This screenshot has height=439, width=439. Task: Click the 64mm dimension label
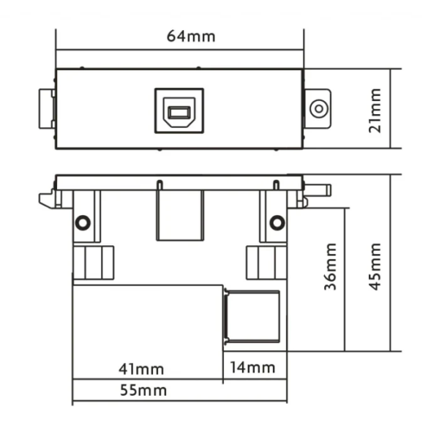191,37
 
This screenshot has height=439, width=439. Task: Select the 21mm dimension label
375,110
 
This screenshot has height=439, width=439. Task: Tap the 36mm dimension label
331,266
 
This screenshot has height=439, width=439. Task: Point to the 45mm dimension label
375,266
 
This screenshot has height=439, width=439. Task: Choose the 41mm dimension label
141,369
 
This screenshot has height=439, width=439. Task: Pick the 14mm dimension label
252,367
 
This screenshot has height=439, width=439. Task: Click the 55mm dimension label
143,390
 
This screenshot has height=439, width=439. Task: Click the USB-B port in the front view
179,111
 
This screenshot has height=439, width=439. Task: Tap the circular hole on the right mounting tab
319,108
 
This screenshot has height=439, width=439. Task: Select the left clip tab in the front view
47,108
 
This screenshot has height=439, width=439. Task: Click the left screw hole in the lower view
83,222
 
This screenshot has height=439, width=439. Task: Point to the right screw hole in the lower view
277,222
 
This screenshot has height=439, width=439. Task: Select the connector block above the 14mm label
252,317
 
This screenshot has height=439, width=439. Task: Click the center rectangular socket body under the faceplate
180,216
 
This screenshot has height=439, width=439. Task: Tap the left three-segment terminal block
94,263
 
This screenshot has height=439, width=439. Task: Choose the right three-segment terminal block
266,263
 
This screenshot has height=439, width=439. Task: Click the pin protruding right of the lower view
318,190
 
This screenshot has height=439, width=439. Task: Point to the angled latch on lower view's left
46,199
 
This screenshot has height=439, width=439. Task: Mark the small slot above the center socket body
160,185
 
